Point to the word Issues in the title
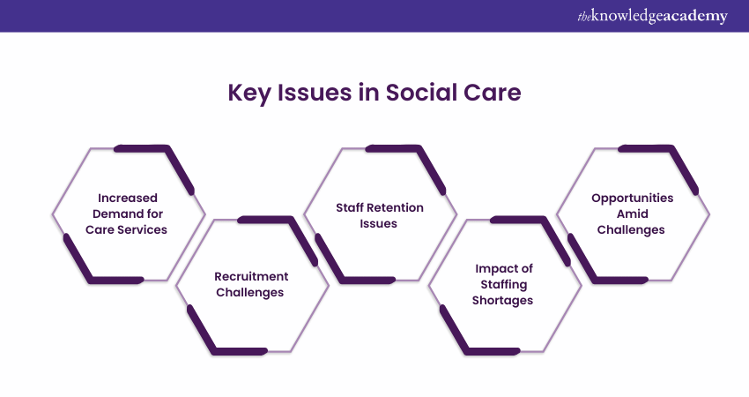pyautogui.click(x=315, y=93)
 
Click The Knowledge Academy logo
pyautogui.click(x=652, y=16)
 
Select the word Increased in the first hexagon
pyautogui.click(x=128, y=198)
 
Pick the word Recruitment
pyautogui.click(x=251, y=276)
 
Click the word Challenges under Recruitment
pyautogui.click(x=250, y=292)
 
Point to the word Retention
pyautogui.click(x=395, y=207)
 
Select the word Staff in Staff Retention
pyautogui.click(x=350, y=207)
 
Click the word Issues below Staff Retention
pyautogui.click(x=378, y=223)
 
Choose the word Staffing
pyautogui.click(x=504, y=285)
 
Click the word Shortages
pyautogui.click(x=502, y=300)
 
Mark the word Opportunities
pyautogui.click(x=633, y=198)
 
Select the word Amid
pyautogui.click(x=633, y=213)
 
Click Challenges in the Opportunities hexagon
pyautogui.click(x=631, y=230)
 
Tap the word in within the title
pyautogui.click(x=368, y=93)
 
